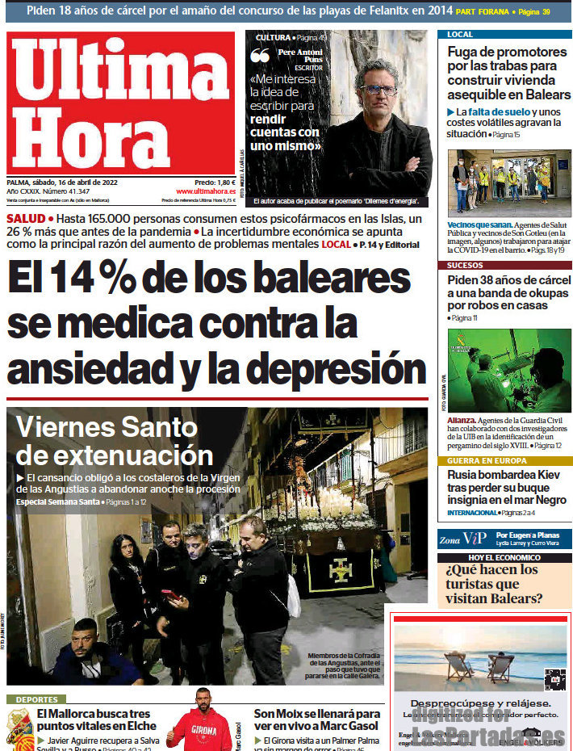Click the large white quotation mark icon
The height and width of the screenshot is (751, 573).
point(260,56)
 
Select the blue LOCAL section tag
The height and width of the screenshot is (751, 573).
point(460,35)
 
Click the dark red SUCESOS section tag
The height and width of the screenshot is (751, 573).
point(466,264)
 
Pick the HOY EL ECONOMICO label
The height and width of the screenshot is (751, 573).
point(504,558)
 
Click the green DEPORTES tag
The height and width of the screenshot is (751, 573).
point(36,699)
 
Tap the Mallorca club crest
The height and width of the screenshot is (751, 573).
point(19,728)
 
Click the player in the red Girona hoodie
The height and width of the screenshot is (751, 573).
point(202,723)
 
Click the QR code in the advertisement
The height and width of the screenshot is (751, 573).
point(554,679)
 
